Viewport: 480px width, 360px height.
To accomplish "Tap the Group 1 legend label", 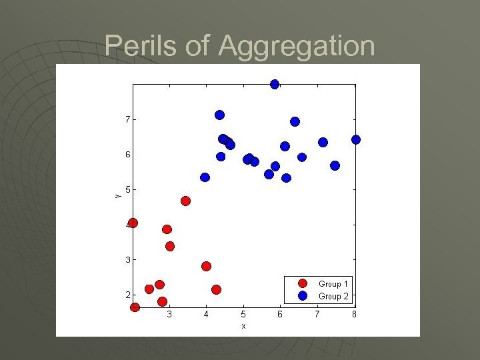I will pyautogui.click(x=333, y=284).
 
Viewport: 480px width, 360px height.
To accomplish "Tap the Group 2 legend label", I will pyautogui.click(x=333, y=296).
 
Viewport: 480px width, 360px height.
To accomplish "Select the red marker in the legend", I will pyautogui.click(x=303, y=284).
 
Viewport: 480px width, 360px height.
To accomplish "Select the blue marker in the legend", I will pyautogui.click(x=303, y=295).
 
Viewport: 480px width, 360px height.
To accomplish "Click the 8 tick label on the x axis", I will pyautogui.click(x=354, y=314).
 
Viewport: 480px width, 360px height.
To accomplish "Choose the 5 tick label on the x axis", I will pyautogui.click(x=243, y=314).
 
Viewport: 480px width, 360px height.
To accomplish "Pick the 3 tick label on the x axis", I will pyautogui.click(x=169, y=314).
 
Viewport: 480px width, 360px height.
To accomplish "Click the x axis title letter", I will pyautogui.click(x=243, y=326).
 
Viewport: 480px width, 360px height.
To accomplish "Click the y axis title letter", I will pyautogui.click(x=116, y=195).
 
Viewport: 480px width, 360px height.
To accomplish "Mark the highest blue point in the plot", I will pyautogui.click(x=275, y=84).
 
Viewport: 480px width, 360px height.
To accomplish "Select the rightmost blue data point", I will pyautogui.click(x=356, y=139).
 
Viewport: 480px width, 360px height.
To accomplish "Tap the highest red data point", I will pyautogui.click(x=186, y=201).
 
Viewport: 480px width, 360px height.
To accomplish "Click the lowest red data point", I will pyautogui.click(x=135, y=307).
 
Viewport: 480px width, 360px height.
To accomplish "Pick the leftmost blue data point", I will pyautogui.click(x=205, y=177).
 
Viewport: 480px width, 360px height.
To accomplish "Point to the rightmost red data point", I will pyautogui.click(x=216, y=289).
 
